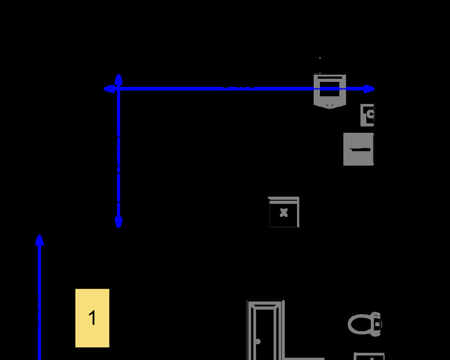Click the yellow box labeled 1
[92, 318]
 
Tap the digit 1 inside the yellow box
[92, 318]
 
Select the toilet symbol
[365, 324]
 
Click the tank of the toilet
[377, 324]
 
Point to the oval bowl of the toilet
[360, 324]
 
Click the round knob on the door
[258, 342]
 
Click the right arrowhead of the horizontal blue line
[369, 89]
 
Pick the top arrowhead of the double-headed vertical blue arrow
[118, 79]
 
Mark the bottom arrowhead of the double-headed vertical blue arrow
[118, 223]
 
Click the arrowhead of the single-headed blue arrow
[40, 240]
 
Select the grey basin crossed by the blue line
[330, 91]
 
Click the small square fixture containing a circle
[368, 115]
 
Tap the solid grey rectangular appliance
[359, 149]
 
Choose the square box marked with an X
[283, 212]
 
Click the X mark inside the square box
[283, 212]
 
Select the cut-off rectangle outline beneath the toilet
[369, 356]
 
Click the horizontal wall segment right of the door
[304, 359]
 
